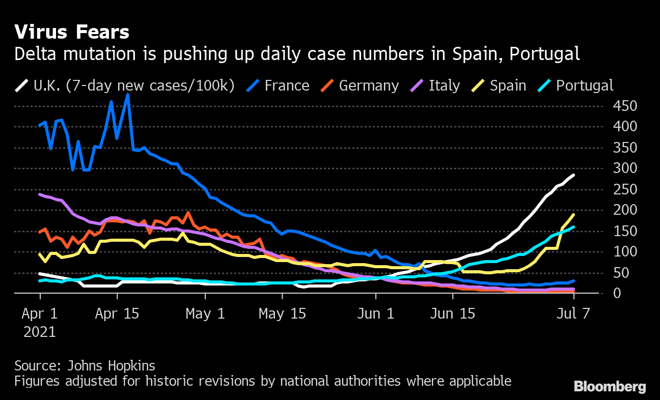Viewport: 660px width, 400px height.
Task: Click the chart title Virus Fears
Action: click(x=72, y=33)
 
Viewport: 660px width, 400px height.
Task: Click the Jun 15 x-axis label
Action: click(x=453, y=313)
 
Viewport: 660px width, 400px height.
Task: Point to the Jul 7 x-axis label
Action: click(x=573, y=313)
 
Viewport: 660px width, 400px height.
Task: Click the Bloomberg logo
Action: click(x=610, y=387)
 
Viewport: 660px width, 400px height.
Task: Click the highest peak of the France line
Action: click(x=127, y=95)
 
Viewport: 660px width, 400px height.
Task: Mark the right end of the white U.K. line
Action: click(x=574, y=175)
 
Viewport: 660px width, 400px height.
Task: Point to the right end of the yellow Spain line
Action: click(x=574, y=214)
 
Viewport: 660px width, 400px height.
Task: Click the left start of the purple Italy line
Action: click(x=40, y=194)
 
